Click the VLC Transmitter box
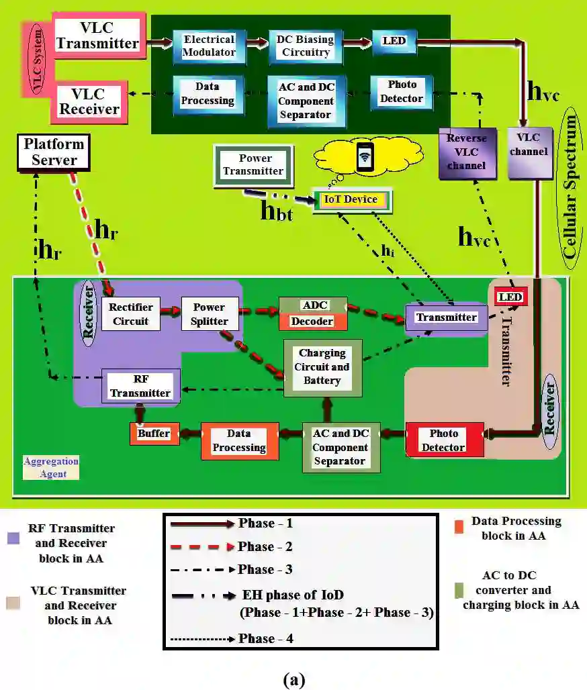(97, 35)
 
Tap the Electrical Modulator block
(210, 46)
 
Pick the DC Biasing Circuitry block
(303, 46)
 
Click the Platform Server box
(54, 152)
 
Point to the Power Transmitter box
(253, 164)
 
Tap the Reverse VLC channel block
(467, 153)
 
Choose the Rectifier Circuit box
(132, 313)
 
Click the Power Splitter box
(209, 313)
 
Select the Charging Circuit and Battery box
(322, 366)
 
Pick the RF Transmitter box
(141, 385)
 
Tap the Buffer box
(154, 434)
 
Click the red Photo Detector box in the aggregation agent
(444, 440)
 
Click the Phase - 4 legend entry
(265, 638)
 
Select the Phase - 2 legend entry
(265, 546)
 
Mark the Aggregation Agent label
(51, 467)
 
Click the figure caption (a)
(293, 680)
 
